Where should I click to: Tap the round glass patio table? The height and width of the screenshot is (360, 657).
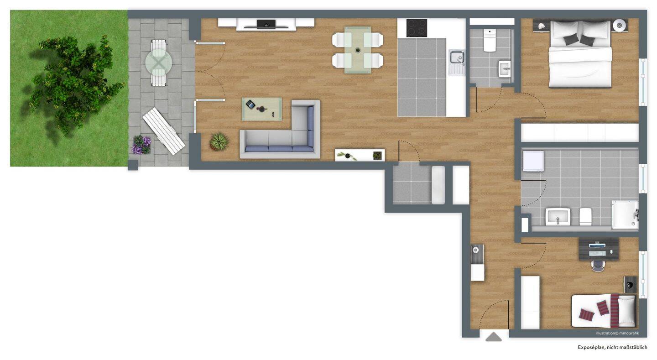pyautogui.click(x=159, y=63)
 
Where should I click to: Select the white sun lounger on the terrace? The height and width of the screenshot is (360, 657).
pyautogui.click(x=163, y=131)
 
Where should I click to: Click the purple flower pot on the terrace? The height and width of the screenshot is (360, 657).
pyautogui.click(x=142, y=144)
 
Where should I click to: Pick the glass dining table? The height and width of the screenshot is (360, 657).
pyautogui.click(x=358, y=50)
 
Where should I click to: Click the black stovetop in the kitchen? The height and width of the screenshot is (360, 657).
pyautogui.click(x=417, y=27)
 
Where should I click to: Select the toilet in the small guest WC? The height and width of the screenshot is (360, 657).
pyautogui.click(x=490, y=41)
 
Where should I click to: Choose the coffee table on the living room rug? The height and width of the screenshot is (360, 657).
pyautogui.click(x=262, y=109)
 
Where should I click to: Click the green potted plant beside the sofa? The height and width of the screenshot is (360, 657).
pyautogui.click(x=219, y=141)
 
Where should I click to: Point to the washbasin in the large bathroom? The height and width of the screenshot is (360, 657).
pyautogui.click(x=558, y=217)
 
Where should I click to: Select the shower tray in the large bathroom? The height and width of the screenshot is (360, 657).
pyautogui.click(x=625, y=215)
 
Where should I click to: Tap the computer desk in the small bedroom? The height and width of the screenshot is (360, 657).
pyautogui.click(x=598, y=249)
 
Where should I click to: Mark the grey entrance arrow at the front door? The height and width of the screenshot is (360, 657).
pyautogui.click(x=494, y=337)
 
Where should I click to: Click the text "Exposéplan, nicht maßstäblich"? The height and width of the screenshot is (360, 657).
pyautogui.click(x=612, y=347)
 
